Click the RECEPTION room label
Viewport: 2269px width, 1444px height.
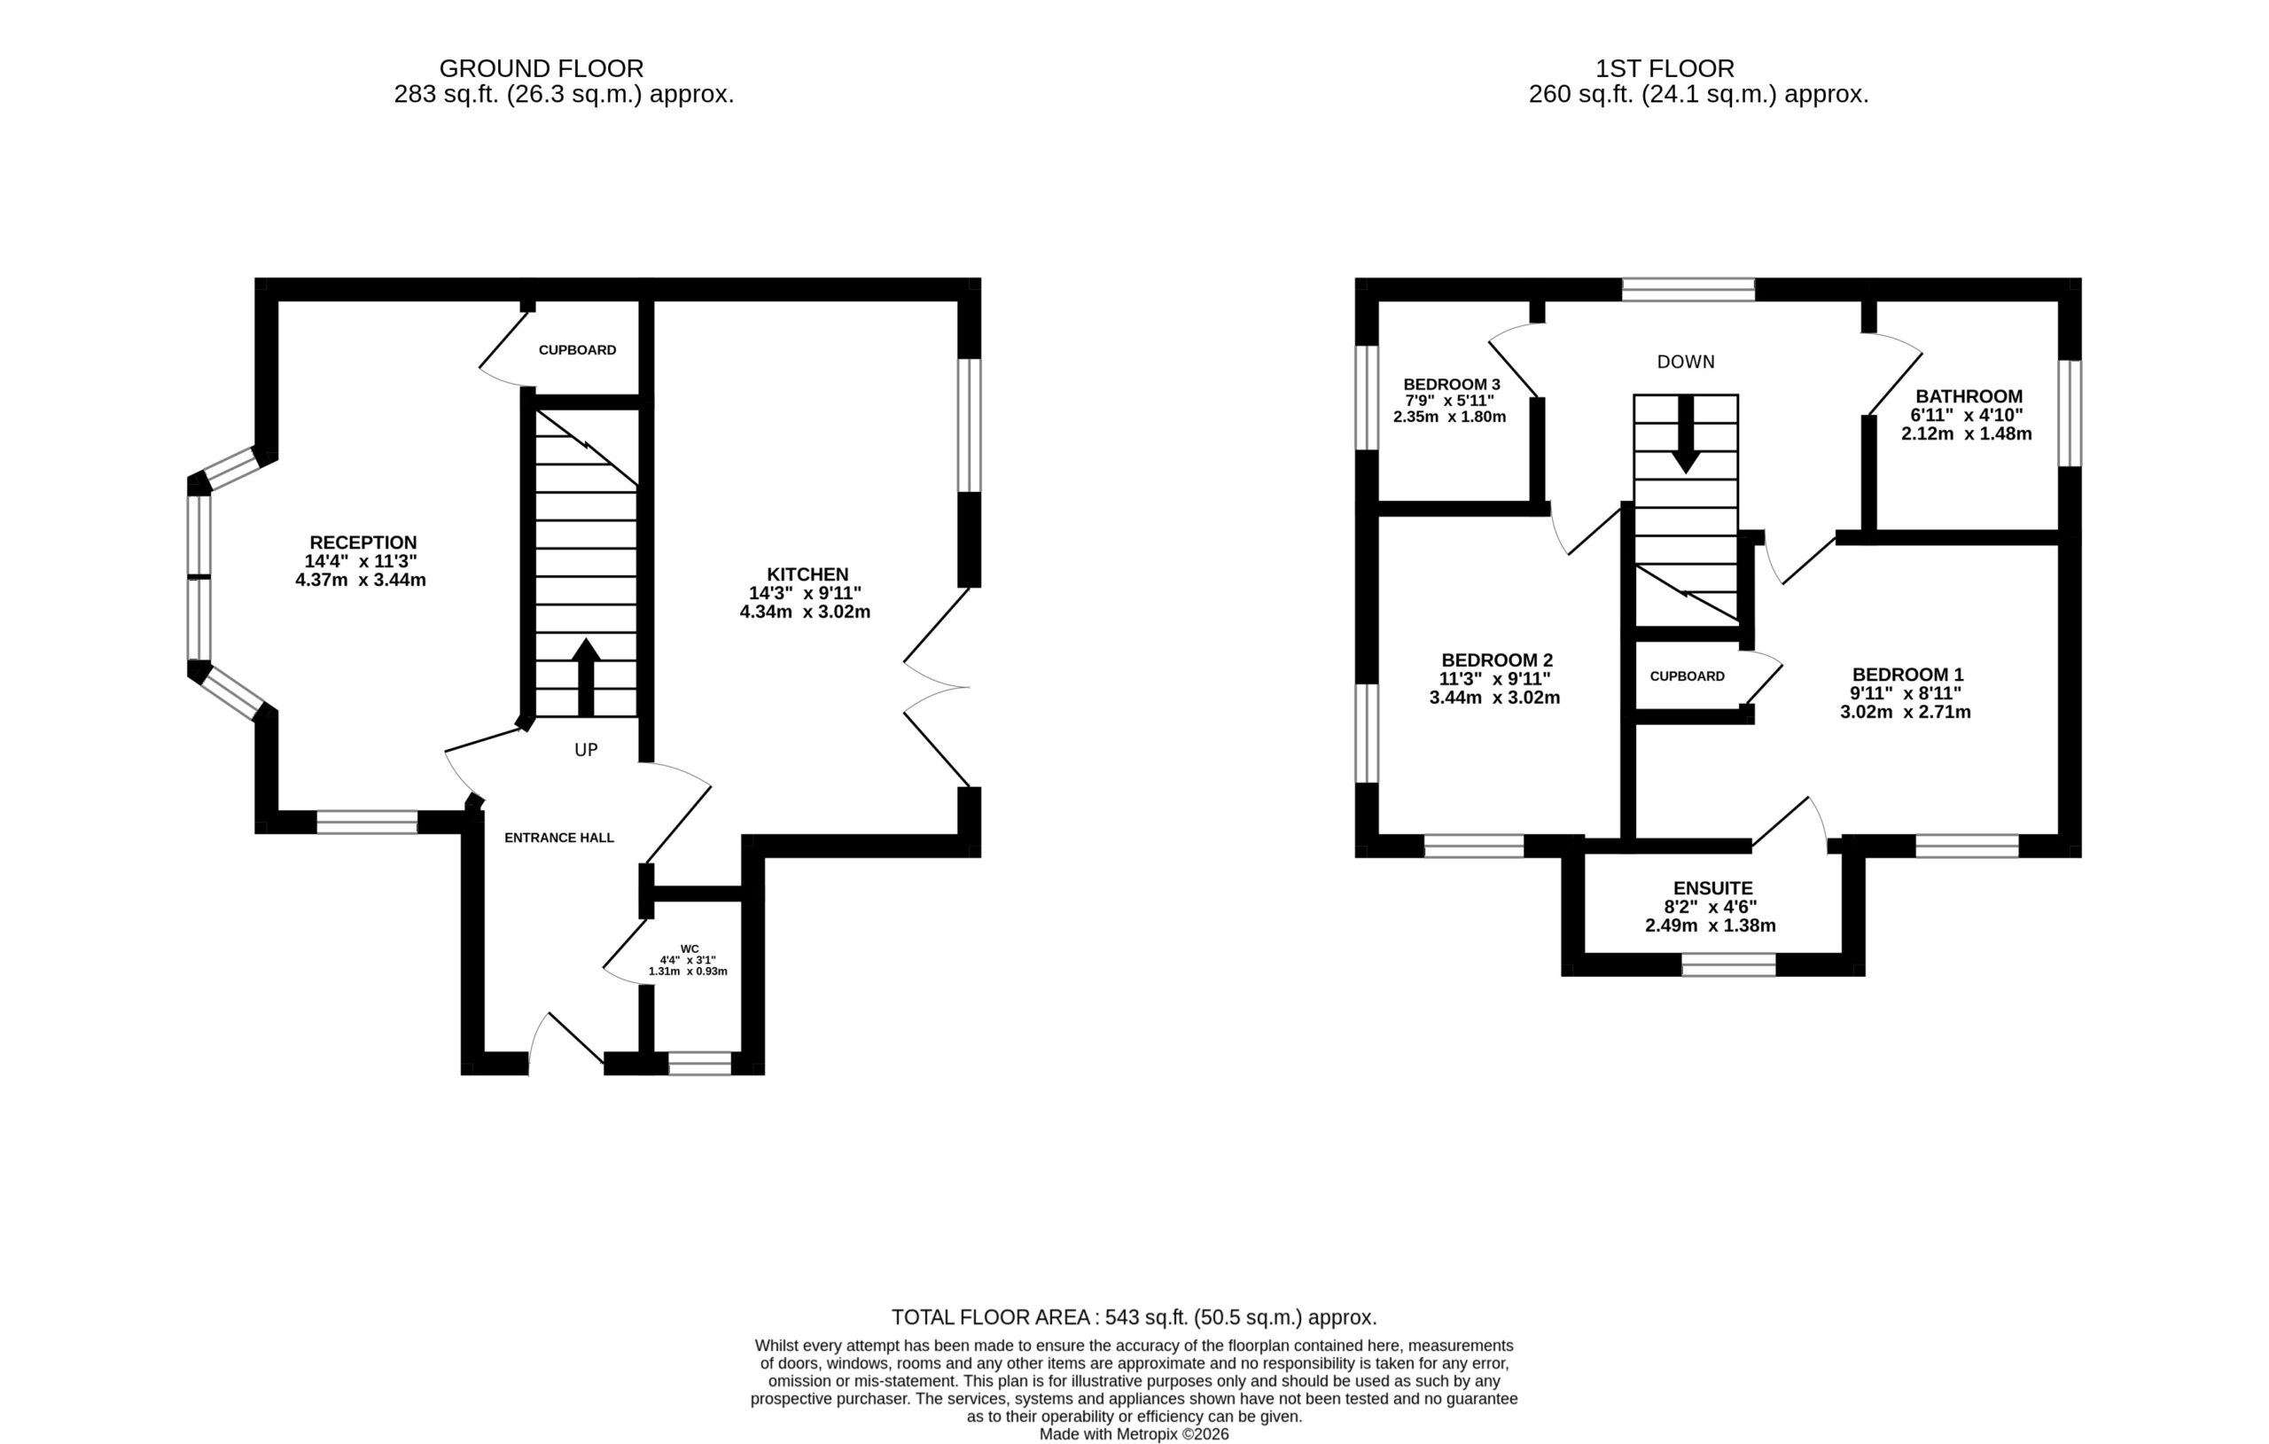pos(363,542)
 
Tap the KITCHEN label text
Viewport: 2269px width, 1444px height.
pos(807,574)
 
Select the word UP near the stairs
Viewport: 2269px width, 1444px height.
pos(586,750)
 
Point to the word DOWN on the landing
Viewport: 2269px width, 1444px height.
pos(1686,362)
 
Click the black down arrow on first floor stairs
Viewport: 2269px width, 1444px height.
pos(1686,433)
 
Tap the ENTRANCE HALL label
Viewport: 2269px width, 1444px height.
pos(558,837)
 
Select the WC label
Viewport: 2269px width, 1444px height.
pos(690,949)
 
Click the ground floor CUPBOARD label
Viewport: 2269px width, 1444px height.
pos(578,349)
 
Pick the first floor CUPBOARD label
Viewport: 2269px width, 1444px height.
pos(1688,675)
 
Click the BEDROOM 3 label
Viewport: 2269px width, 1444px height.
pos(1452,385)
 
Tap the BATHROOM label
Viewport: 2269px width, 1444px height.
pos(1969,397)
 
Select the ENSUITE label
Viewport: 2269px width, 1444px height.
pos(1713,888)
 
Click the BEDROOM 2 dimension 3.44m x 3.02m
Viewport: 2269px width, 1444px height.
pos(1494,699)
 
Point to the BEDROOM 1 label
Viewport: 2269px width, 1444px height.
pos(1908,675)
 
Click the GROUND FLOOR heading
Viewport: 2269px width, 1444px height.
pos(542,69)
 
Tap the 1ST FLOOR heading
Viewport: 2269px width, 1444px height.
pos(1665,69)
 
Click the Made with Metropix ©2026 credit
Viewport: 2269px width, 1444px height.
pos(1134,1434)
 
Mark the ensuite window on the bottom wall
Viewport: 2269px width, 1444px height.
pos(1729,964)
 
